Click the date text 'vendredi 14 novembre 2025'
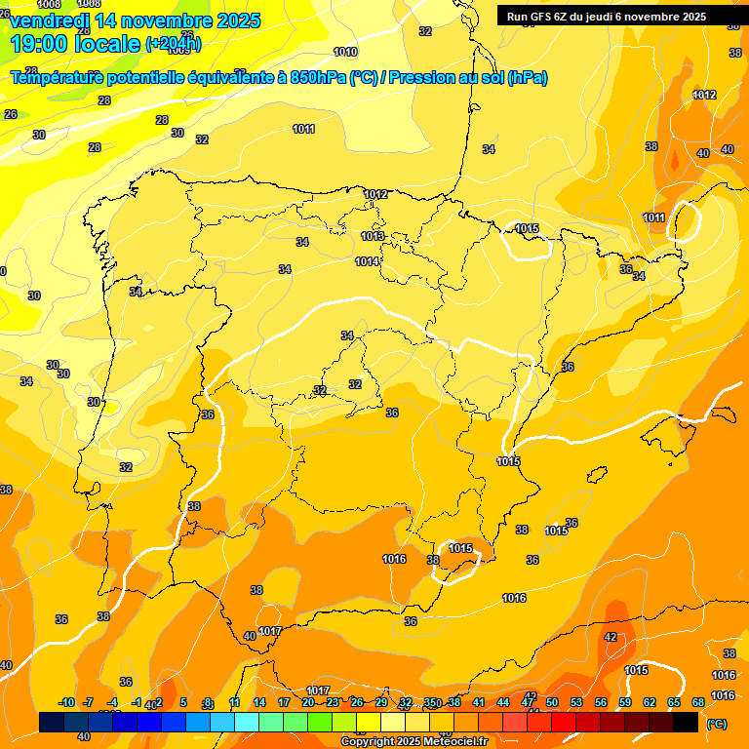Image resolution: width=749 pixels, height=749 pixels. coord(135,20)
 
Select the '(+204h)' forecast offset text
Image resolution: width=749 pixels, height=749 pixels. coord(174,44)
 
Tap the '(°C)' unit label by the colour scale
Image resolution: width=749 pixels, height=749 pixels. coord(717,723)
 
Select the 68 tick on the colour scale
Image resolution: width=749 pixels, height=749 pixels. coord(698,703)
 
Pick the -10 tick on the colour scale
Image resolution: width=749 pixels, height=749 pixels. coord(67,703)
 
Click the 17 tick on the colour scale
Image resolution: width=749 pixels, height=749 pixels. coord(284,703)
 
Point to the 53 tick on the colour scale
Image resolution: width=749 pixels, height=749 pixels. coord(576,703)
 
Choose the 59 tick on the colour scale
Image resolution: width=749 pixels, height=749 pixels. coord(625,703)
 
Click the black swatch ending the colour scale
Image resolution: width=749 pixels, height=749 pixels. coord(686,722)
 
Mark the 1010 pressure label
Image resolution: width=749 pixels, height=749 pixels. coord(345,52)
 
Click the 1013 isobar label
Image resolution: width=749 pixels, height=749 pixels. coord(372,236)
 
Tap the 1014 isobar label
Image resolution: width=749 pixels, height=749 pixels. coord(367,261)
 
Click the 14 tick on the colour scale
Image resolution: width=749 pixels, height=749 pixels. coord(259,703)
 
